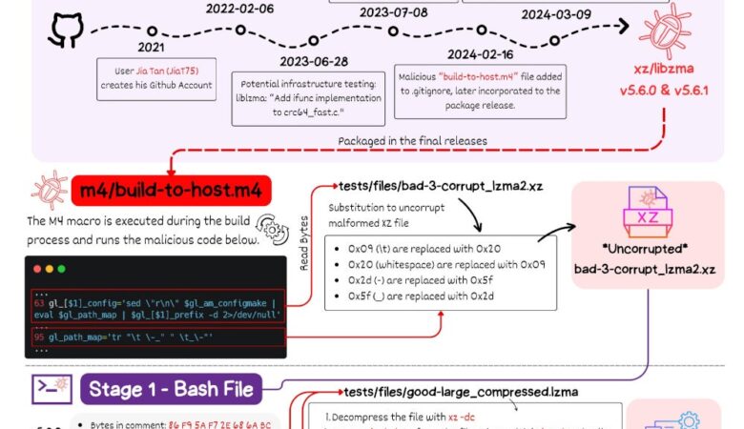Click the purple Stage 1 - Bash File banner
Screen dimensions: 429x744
click(172, 389)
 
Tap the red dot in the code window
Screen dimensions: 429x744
click(37, 270)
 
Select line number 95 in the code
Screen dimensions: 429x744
click(38, 337)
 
